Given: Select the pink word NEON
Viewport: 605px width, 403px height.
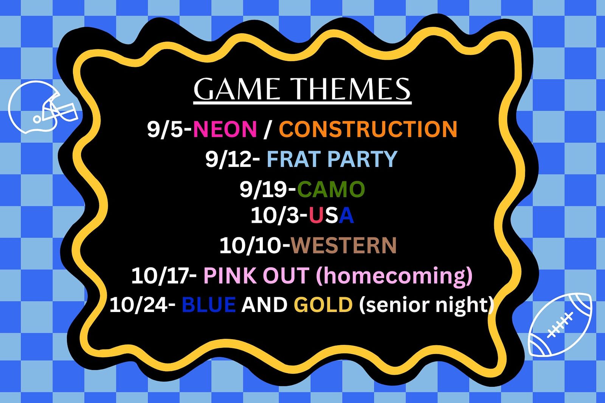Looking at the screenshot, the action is pos(225,129).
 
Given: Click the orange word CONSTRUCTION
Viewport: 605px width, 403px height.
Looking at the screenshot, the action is pos(368,129).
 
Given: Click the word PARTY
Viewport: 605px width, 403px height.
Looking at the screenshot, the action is pos(362,159).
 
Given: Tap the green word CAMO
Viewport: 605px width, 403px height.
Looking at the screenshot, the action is pos(331,189).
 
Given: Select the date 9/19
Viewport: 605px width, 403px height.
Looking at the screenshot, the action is pos(264,189).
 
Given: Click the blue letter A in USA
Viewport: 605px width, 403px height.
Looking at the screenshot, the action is pos(346,215).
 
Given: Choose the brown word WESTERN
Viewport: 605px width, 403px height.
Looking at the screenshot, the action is pos(344,245).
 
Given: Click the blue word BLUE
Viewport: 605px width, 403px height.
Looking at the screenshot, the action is pos(208,304).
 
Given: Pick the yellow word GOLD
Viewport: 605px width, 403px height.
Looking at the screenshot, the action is pos(323,304).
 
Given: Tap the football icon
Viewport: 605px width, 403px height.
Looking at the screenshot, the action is pos(560,325).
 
